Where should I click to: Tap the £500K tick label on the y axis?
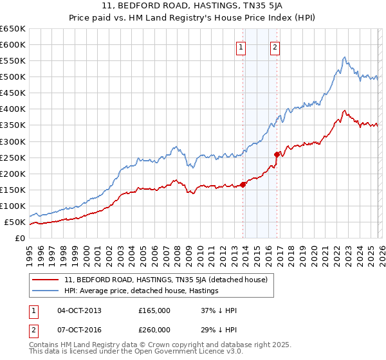click(12, 77)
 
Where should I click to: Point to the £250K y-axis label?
click(12, 157)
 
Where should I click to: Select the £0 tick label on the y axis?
click(20, 239)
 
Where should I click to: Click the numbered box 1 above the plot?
click(241, 46)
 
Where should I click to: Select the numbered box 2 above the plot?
click(275, 46)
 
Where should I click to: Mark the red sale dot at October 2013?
click(243, 184)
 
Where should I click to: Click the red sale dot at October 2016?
click(277, 154)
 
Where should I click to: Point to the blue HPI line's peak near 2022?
click(345, 57)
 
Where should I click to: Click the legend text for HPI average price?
click(142, 291)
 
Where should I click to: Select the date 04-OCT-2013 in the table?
click(79, 310)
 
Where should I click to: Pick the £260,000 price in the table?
click(154, 330)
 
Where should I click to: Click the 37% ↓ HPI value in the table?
click(219, 310)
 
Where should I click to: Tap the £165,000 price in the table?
click(154, 310)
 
